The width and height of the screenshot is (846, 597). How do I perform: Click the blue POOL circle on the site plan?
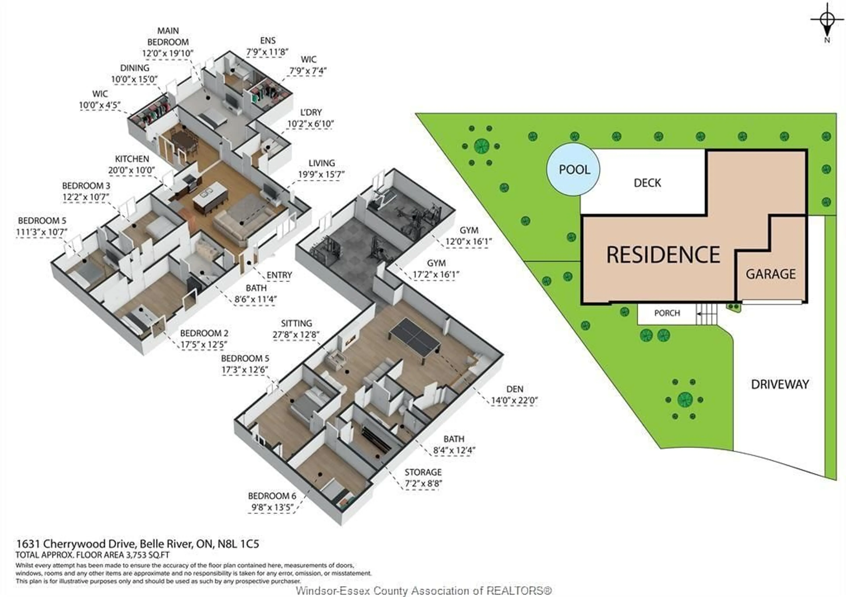pyautogui.click(x=573, y=169)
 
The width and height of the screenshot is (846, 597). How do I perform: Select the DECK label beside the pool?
pyautogui.click(x=647, y=183)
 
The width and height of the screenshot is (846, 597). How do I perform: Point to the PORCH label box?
pyautogui.click(x=667, y=313)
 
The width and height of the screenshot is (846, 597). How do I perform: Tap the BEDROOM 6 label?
pyautogui.click(x=272, y=496)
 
